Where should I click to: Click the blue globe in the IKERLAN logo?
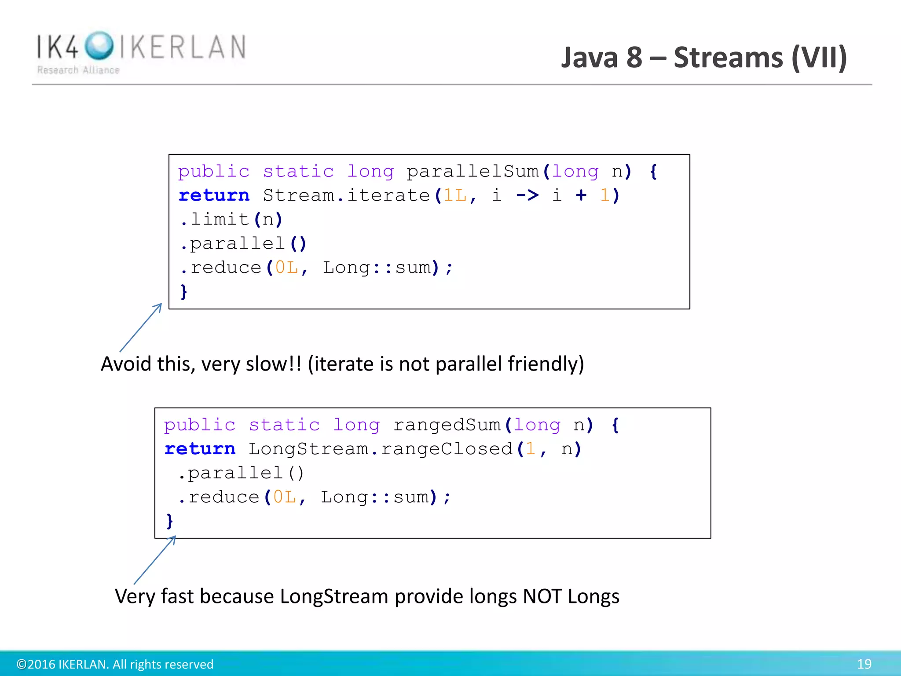tap(99, 45)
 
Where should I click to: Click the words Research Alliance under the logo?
tap(78, 70)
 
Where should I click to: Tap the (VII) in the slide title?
tap(819, 57)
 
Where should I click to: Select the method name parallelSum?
tap(472, 171)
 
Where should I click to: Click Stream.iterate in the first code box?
tap(346, 195)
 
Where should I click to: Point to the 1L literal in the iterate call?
tap(455, 195)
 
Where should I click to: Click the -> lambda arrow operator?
tap(527, 195)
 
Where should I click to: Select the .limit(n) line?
tap(231, 219)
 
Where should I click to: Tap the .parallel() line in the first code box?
tap(243, 243)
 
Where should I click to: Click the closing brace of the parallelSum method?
tap(183, 291)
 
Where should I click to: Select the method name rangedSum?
tap(447, 425)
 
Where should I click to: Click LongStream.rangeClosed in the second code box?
tap(381, 449)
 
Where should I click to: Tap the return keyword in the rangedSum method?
tap(200, 449)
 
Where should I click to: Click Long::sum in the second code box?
tap(374, 497)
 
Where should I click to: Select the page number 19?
tap(864, 664)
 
